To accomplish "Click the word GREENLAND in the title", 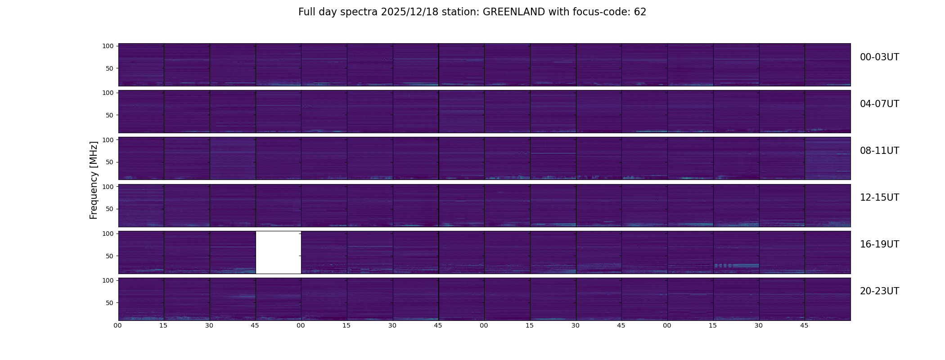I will coord(513,12).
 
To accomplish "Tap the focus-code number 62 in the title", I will coord(640,12).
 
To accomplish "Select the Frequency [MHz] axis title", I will coord(94,180).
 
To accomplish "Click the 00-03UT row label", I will coord(879,57).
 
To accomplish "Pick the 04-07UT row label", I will coord(879,104).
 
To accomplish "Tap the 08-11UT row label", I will coord(879,151).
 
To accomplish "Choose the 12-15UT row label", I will coord(879,198).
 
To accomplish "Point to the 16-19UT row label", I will coord(879,244).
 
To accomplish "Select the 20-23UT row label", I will coord(879,291).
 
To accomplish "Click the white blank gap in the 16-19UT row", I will coord(278,252).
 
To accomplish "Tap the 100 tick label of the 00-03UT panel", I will coord(108,46).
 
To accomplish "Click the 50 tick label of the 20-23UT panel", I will coord(110,303).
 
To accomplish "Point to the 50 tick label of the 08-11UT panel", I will coord(110,162).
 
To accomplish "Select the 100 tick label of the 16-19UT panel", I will coord(108,234).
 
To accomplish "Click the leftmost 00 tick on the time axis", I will coord(118,325).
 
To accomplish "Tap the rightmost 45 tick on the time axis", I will coord(804,325).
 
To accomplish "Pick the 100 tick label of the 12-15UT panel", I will coord(108,186).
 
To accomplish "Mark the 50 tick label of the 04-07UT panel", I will coord(110,115).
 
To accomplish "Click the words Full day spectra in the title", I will coord(338,12).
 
